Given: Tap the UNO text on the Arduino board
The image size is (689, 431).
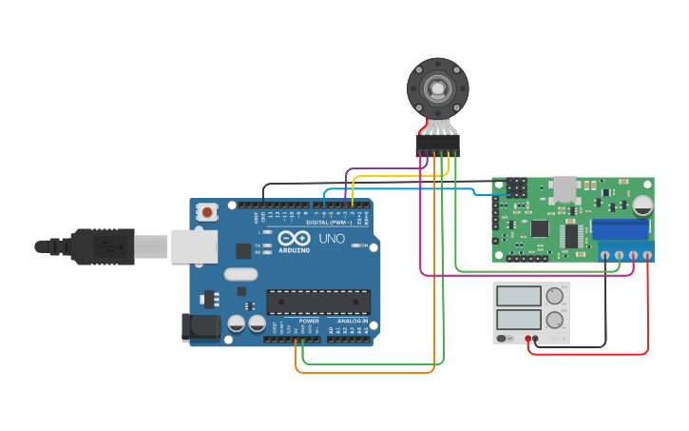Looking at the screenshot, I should (x=331, y=238).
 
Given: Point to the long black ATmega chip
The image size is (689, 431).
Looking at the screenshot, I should (x=318, y=303).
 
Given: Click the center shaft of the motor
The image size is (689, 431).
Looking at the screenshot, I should (x=438, y=89).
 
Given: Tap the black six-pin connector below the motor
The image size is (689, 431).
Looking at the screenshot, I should (x=437, y=143).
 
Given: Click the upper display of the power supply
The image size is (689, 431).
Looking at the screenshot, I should (x=518, y=296).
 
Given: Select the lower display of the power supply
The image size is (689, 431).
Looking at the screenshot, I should (x=518, y=319).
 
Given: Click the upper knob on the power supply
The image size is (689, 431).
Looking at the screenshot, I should (x=554, y=296).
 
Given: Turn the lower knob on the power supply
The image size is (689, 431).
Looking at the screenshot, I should (x=554, y=319).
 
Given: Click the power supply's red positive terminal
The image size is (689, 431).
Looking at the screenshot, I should (x=527, y=339).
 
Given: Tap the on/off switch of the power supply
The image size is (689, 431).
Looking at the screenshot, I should (x=506, y=338).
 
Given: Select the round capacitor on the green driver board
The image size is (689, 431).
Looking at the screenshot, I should (x=643, y=205).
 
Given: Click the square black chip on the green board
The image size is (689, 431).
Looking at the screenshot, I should (x=539, y=228).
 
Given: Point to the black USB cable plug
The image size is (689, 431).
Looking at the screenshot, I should (x=95, y=246).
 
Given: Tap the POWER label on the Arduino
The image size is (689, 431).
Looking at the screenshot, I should (x=309, y=321).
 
